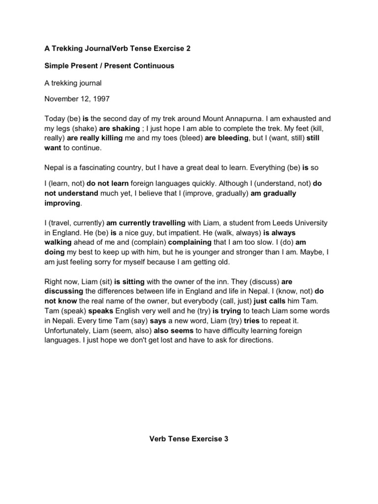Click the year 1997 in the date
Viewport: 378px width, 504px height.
coord(101,99)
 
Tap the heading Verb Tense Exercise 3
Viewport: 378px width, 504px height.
coord(189,439)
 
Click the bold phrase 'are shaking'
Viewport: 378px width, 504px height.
coord(120,129)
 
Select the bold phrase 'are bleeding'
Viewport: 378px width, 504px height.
coord(227,138)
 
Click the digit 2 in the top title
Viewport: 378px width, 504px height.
coord(188,49)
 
